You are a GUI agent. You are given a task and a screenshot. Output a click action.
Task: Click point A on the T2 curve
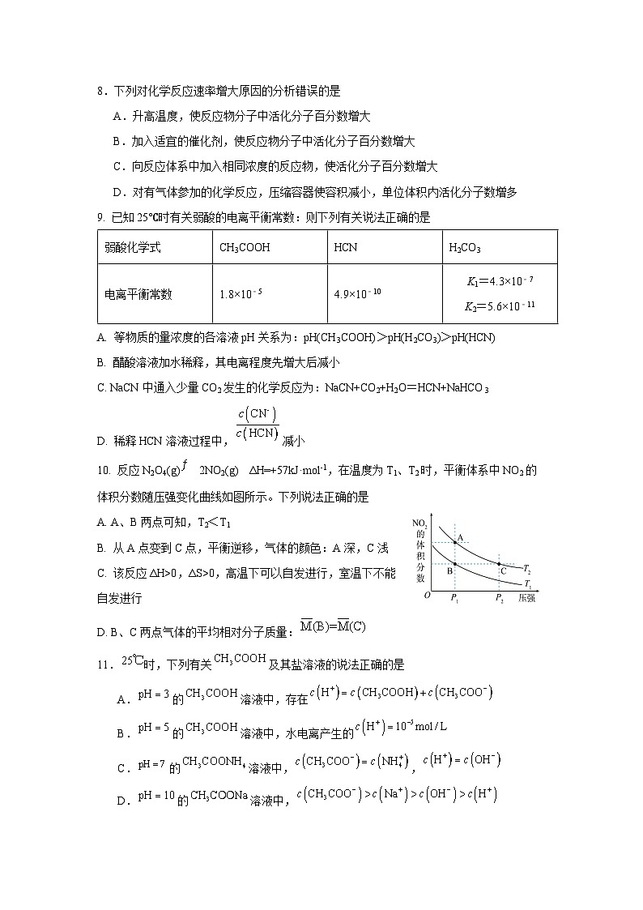point(454,542)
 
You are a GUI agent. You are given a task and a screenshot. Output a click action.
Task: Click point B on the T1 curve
point(454,564)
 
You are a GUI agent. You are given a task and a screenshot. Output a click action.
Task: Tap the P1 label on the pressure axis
point(454,598)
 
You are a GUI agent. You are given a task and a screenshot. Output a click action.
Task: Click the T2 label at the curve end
point(527,570)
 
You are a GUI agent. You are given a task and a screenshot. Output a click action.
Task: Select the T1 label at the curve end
point(527,583)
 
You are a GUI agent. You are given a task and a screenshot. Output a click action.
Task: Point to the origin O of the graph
point(427,596)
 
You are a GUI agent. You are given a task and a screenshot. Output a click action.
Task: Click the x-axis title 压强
point(526,598)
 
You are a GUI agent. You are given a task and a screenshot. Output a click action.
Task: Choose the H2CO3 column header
point(465,248)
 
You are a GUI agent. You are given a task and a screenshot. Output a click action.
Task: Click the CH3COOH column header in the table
point(245,247)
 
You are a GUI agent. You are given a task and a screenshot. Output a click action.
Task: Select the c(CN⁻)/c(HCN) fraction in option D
point(258,424)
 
